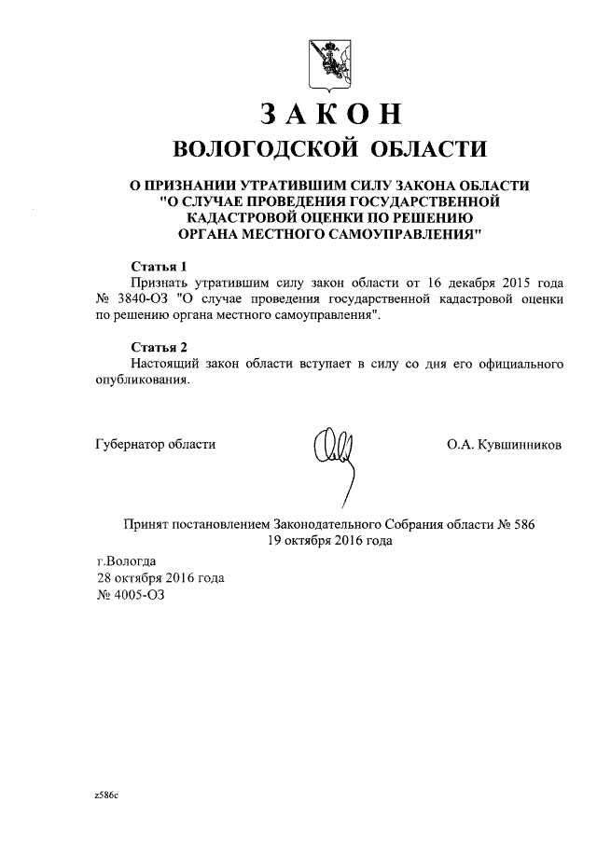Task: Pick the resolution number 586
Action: pos(523,524)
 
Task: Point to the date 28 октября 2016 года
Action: pos(160,578)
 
